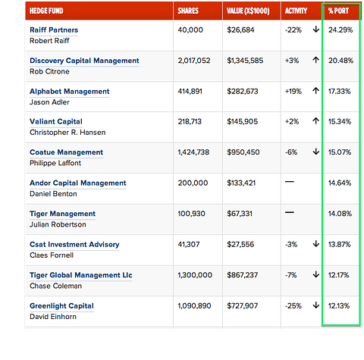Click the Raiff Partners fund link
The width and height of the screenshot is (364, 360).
pos(53,30)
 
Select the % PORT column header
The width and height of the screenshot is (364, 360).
pos(338,11)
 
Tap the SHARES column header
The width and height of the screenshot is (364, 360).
pos(188,11)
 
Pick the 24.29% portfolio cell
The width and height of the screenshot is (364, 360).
pos(340,30)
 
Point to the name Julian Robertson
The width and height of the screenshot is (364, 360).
pos(58,224)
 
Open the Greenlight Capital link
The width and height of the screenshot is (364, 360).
pos(61,305)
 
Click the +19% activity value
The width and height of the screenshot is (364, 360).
pos(293,91)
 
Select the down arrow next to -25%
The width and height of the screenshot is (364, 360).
pos(315,305)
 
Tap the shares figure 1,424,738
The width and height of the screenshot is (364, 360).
pos(193,152)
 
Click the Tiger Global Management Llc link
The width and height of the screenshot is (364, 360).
pos(80,275)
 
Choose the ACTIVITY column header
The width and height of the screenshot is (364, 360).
pos(296,11)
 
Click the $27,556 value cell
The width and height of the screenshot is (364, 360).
pos(243,244)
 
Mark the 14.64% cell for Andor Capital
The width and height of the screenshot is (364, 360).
pos(340,183)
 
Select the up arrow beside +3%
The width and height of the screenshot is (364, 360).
pos(315,61)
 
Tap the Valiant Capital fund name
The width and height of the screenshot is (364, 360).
pos(55,121)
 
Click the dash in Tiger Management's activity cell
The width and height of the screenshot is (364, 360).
pos(289,214)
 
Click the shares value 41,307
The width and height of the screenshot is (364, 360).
pos(188,244)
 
